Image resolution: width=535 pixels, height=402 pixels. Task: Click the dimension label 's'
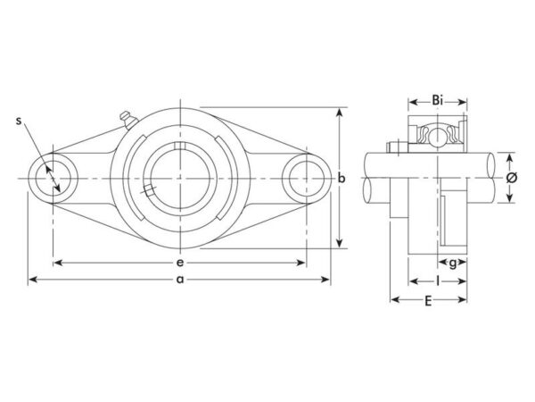coord(19,121)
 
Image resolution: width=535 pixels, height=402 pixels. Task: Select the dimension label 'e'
coord(180,263)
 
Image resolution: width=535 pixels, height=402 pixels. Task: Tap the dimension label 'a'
coord(180,280)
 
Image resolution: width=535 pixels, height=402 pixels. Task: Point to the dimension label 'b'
coord(342,178)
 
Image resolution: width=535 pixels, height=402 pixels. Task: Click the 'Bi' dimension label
coord(438,100)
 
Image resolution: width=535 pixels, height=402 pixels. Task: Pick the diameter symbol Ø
coord(511,178)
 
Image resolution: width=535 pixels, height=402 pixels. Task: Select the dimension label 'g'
coord(452,264)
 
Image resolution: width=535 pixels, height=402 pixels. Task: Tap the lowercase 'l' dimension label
coord(438,281)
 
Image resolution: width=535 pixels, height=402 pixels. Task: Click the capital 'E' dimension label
coord(428,301)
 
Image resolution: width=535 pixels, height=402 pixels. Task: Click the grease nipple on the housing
coord(128,120)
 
